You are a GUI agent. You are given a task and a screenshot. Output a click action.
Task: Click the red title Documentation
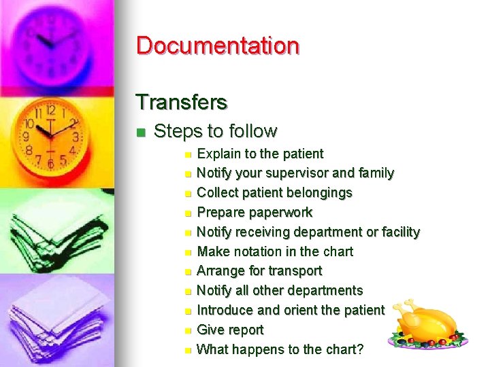point(218,46)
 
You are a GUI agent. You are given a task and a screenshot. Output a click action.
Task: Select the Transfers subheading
point(181,102)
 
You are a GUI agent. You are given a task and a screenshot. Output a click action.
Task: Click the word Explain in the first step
point(217,154)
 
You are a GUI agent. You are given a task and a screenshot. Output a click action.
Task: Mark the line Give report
point(230,330)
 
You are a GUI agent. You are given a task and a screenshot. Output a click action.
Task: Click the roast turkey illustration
point(427,324)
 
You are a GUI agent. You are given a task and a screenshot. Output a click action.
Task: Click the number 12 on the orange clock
point(50,109)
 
